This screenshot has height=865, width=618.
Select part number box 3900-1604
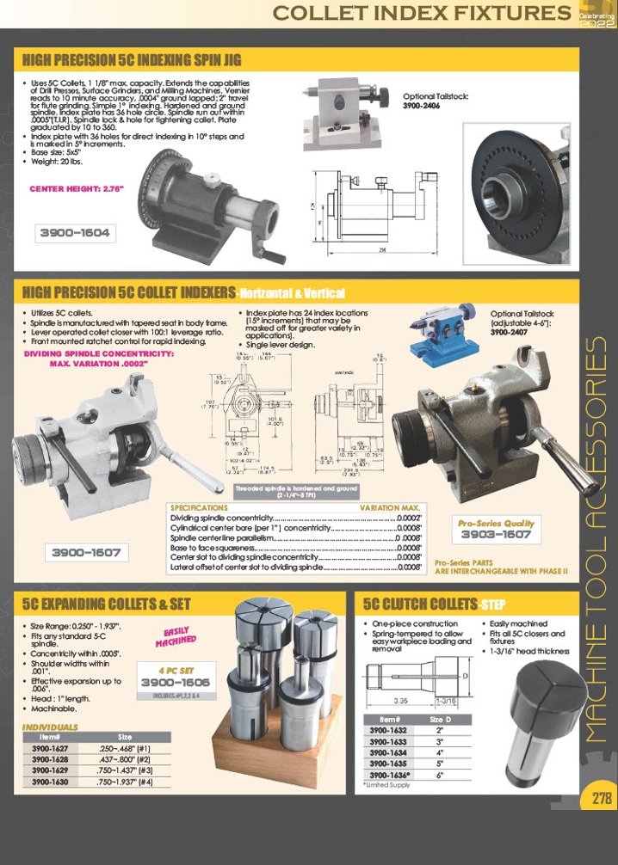coord(75,232)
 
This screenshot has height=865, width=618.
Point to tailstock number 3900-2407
coord(514,332)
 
